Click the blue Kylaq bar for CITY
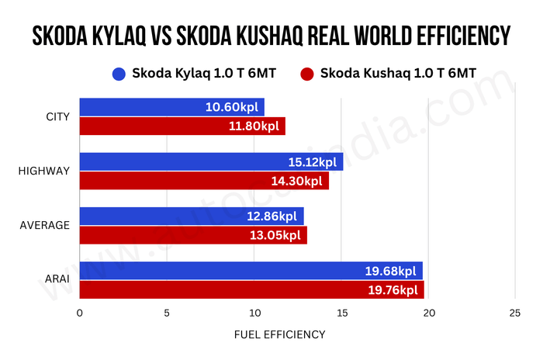pyautogui.click(x=171, y=107)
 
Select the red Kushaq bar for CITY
pyautogui.click(x=182, y=126)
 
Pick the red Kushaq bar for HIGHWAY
pyautogui.click(x=204, y=181)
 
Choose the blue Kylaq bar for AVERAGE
pyautogui.click(x=191, y=216)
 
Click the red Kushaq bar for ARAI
pyautogui.click(x=251, y=290)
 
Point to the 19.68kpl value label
pyautogui.click(x=391, y=272)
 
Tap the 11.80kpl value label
pyautogui.click(x=253, y=126)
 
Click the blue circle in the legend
pyautogui.click(x=119, y=74)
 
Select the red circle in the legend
pyautogui.click(x=306, y=74)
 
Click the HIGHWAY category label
pyautogui.click(x=44, y=171)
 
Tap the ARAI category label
pyautogui.click(x=55, y=281)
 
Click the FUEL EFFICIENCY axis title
pyautogui.click(x=279, y=334)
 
